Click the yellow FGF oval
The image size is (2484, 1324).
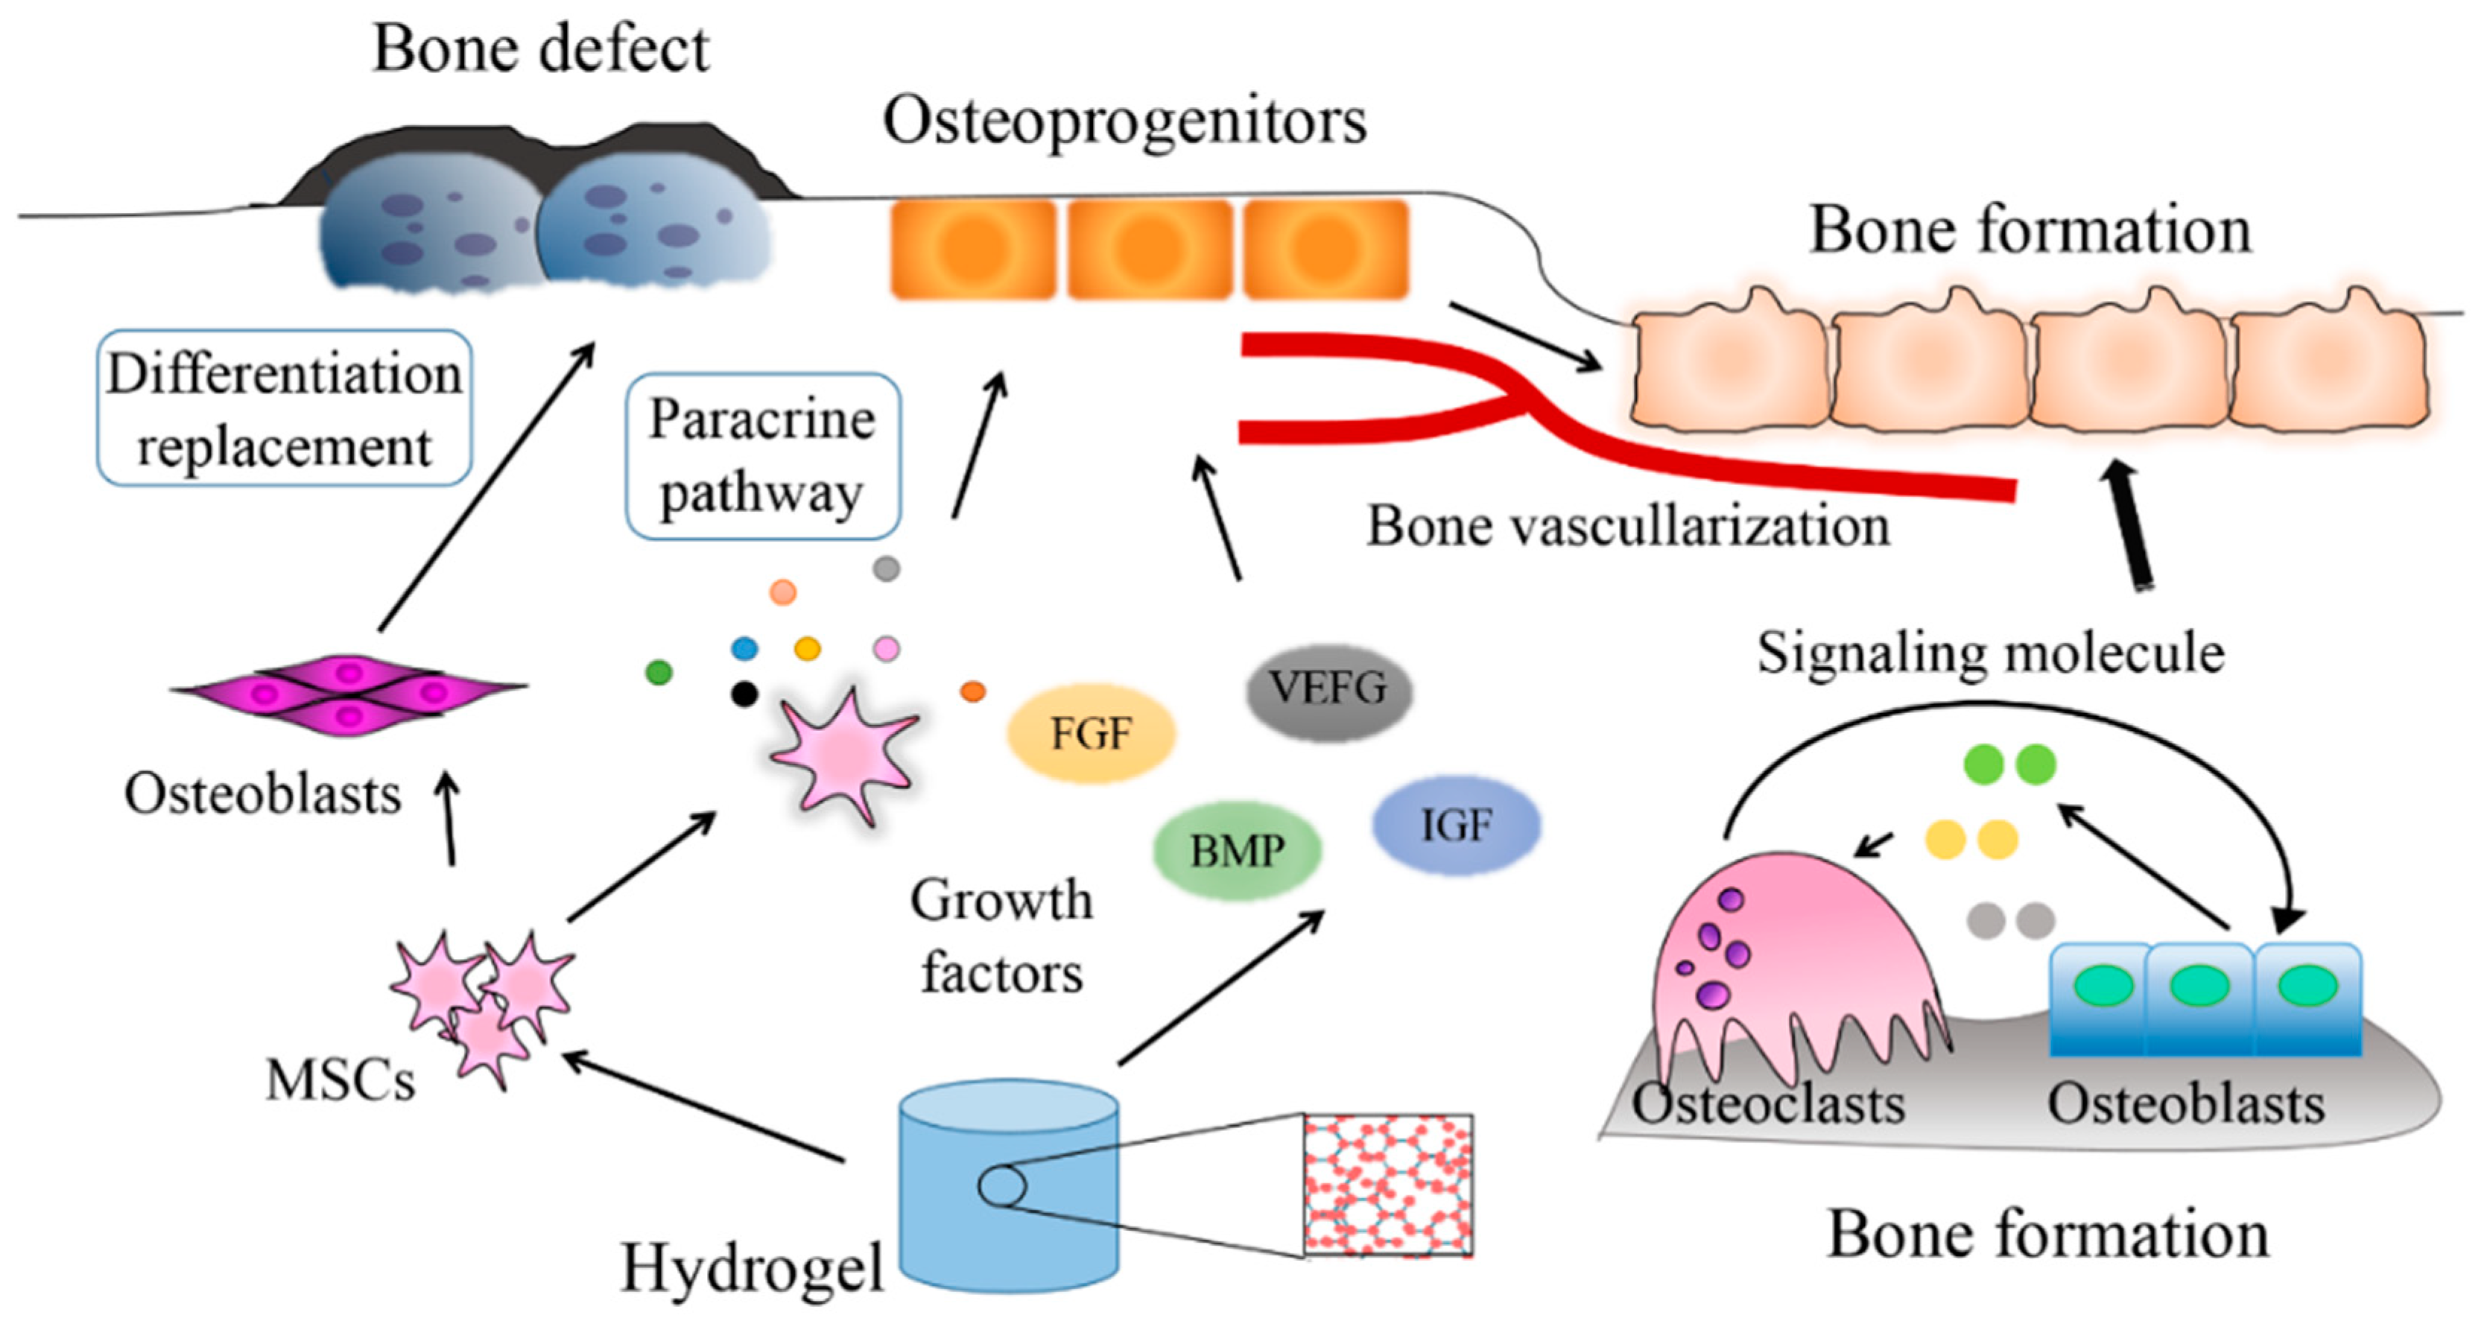pyautogui.click(x=1091, y=734)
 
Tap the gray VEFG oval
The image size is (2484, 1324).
pyautogui.click(x=1328, y=689)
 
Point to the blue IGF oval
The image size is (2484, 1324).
pyautogui.click(x=1455, y=826)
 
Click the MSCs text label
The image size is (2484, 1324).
pyautogui.click(x=340, y=1080)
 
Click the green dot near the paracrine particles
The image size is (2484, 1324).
pyautogui.click(x=659, y=672)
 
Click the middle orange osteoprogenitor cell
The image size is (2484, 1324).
pyautogui.click(x=1147, y=249)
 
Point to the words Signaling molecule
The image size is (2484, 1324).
pyautogui.click(x=1990, y=653)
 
